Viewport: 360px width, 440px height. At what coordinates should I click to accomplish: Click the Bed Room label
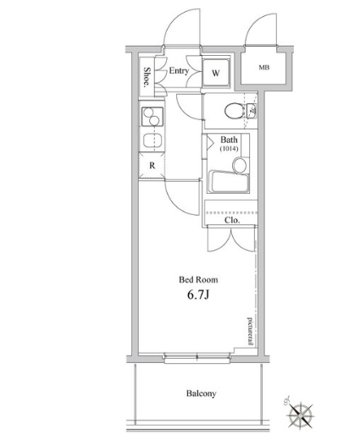198,280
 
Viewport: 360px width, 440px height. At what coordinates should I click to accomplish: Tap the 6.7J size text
197,295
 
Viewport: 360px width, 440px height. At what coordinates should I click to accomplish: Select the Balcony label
202,393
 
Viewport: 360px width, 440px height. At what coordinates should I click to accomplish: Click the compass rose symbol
300,415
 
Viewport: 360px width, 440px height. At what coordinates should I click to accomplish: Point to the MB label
264,68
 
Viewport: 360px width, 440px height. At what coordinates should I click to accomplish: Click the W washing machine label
216,73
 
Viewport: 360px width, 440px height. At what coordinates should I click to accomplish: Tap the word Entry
179,71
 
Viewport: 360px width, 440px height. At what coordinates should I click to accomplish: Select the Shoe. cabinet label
147,77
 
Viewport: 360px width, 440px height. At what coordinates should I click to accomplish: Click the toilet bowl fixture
234,111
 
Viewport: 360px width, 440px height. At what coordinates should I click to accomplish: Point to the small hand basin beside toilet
251,111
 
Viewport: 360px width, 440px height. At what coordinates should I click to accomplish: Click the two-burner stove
152,117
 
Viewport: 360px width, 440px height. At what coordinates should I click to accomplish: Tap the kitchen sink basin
152,140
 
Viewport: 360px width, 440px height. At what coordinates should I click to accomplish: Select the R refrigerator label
152,166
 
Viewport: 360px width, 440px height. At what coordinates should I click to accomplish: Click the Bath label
229,140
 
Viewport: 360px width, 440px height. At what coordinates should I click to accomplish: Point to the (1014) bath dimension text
229,148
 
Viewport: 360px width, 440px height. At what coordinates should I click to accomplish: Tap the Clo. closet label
232,220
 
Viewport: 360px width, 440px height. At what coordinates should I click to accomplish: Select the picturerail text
250,331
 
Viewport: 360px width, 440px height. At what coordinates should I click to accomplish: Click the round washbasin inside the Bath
240,165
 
